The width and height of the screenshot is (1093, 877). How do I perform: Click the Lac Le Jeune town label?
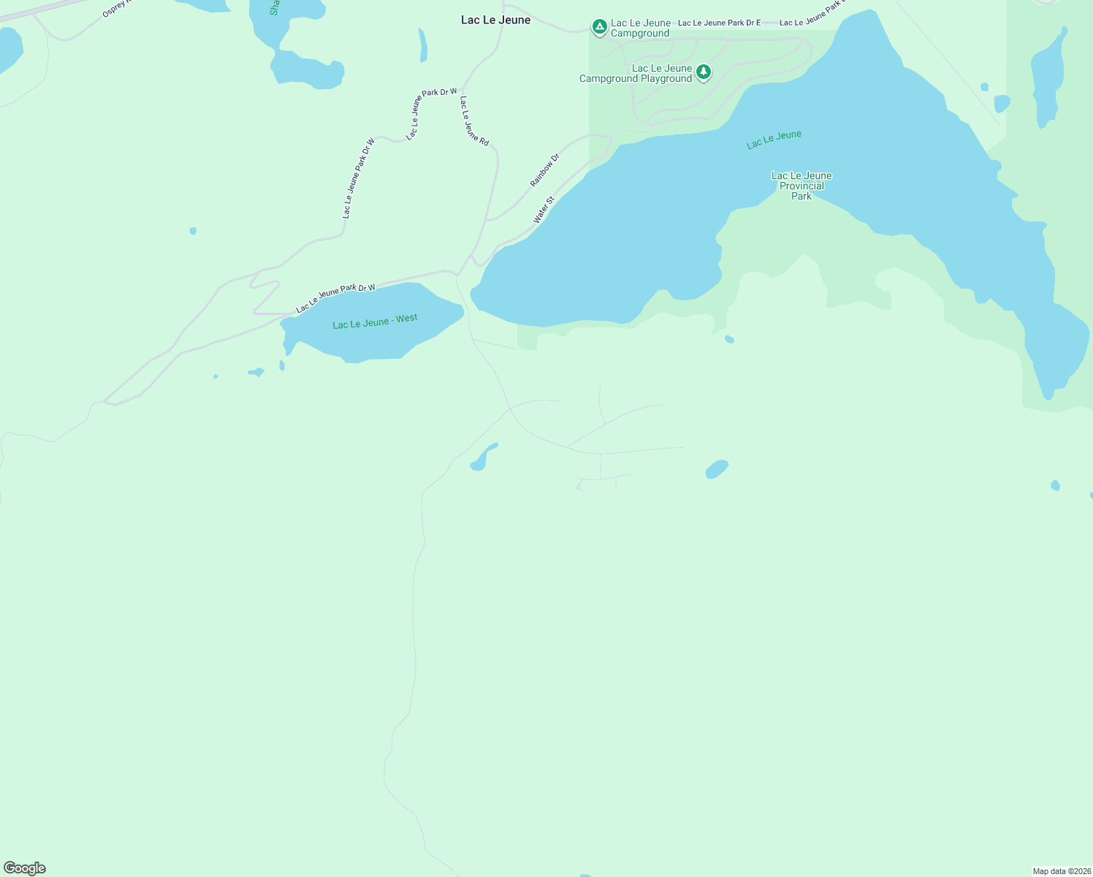coord(495,20)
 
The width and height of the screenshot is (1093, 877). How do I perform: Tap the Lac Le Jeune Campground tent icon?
coord(599,28)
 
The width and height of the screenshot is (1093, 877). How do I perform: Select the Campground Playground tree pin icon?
coord(703,72)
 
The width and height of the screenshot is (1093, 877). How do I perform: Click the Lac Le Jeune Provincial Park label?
coord(801,186)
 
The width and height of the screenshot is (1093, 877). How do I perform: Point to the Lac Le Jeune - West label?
coord(375,322)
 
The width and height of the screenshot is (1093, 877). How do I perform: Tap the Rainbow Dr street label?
coord(544,170)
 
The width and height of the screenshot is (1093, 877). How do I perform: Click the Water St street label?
coord(544,210)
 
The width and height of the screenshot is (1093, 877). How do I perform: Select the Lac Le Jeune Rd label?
coord(474,121)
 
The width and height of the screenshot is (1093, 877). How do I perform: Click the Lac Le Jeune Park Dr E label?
coord(719,23)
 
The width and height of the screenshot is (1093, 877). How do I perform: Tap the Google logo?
coord(25,868)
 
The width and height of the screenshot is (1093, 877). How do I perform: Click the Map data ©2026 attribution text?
coord(1062,871)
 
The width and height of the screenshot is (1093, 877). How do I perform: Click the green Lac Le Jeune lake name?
coord(774,139)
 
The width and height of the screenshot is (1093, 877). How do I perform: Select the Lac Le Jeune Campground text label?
coord(640,28)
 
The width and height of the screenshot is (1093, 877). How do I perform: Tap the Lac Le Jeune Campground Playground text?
coord(636,73)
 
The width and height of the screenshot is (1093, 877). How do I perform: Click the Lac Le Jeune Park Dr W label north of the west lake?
coord(335,297)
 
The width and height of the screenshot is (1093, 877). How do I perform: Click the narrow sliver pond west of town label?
coord(423,45)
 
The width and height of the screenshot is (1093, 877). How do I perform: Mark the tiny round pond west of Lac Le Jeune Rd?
coord(193,231)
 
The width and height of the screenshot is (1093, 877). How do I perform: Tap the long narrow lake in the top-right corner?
coord(1048,77)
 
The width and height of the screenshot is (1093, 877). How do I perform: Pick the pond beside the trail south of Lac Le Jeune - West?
coord(482,458)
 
